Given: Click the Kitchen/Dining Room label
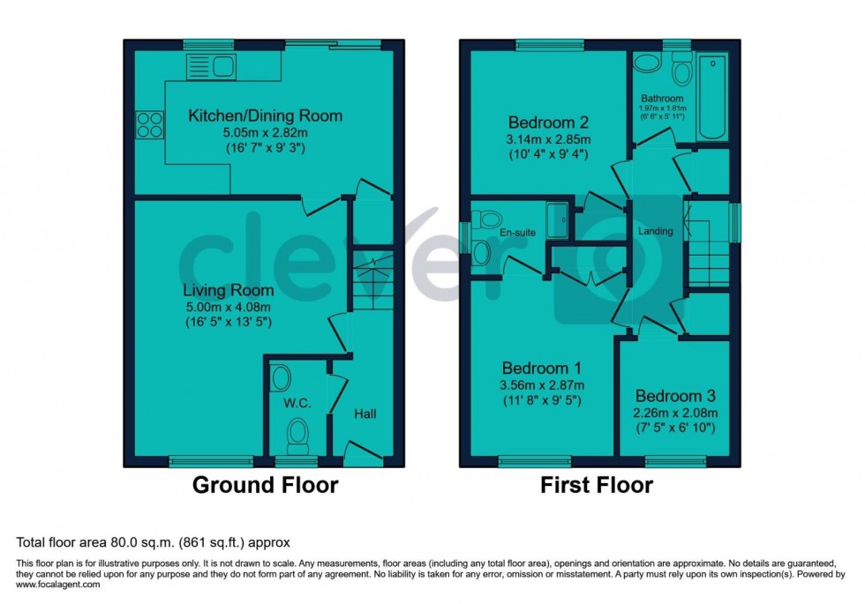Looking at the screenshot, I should [265, 116].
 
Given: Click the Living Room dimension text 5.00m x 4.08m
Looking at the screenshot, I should [229, 306].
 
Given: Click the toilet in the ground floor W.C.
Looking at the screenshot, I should [298, 434].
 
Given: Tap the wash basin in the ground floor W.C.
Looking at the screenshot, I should [280, 378].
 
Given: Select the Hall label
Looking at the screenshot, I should [366, 413].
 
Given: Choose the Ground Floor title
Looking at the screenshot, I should [265, 485].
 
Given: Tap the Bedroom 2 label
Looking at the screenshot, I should [548, 123].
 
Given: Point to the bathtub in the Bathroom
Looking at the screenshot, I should [711, 97].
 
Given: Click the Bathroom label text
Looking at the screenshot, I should [662, 98].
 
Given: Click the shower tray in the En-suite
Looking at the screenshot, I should [558, 221].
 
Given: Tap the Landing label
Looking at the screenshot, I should [656, 231].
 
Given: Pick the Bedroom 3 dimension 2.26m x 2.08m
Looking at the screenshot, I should [675, 412].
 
